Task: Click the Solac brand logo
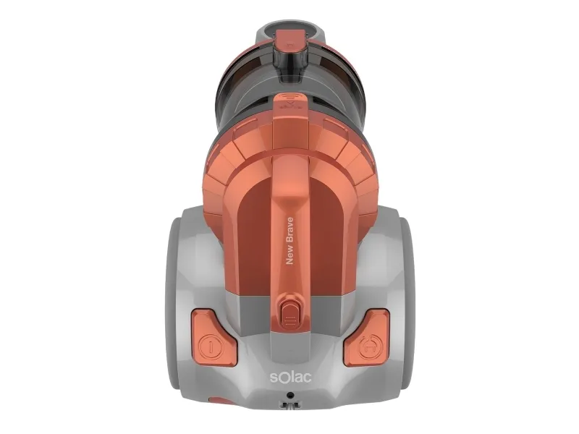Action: coord(291,377)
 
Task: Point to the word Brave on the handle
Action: coord(290,230)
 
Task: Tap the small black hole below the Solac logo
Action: coord(291,395)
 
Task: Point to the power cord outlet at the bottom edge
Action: coord(290,406)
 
